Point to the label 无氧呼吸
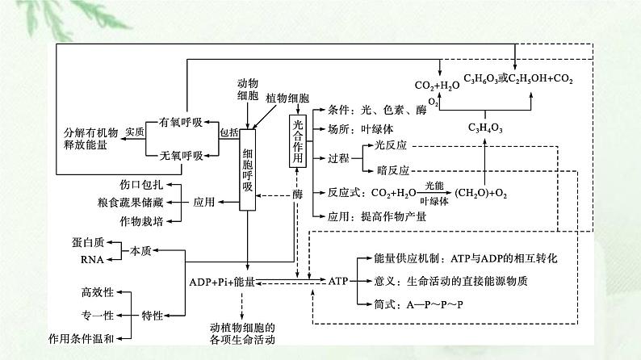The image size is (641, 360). click(181, 154)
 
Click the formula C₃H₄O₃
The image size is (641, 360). click(486, 128)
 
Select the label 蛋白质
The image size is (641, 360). click(90, 242)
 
